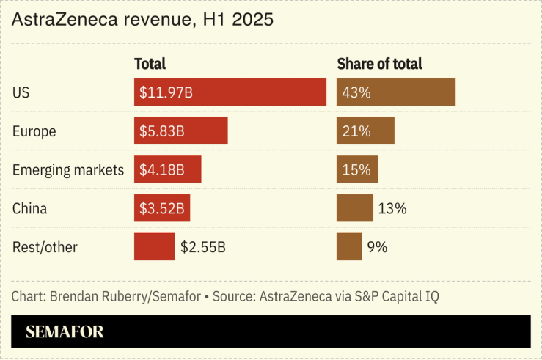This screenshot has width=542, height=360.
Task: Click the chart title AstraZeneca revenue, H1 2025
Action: point(142,20)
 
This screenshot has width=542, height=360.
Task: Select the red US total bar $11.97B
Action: point(230,92)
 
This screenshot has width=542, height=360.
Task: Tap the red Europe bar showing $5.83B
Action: point(180,131)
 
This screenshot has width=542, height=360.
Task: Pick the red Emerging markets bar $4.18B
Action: point(167,169)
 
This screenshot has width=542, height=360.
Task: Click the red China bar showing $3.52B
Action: point(162,207)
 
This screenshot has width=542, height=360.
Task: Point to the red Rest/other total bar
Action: point(154,246)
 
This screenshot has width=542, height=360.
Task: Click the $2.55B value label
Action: point(203,247)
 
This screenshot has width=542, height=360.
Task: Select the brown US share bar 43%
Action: point(395,92)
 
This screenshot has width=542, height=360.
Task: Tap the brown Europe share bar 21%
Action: point(365,131)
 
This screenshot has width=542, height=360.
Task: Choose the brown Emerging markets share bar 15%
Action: point(357,169)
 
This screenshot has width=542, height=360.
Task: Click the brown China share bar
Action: point(354,207)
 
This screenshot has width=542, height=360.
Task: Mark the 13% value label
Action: point(392,208)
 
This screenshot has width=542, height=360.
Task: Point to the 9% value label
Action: point(377,247)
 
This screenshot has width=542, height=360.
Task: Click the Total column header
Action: point(150,64)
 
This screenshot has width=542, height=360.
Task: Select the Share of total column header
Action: point(379,64)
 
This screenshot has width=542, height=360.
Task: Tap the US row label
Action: point(21,93)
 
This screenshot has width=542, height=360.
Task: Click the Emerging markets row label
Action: point(68,170)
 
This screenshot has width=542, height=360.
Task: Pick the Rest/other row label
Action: point(45,247)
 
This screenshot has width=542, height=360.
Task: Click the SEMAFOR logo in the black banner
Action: point(65,331)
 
